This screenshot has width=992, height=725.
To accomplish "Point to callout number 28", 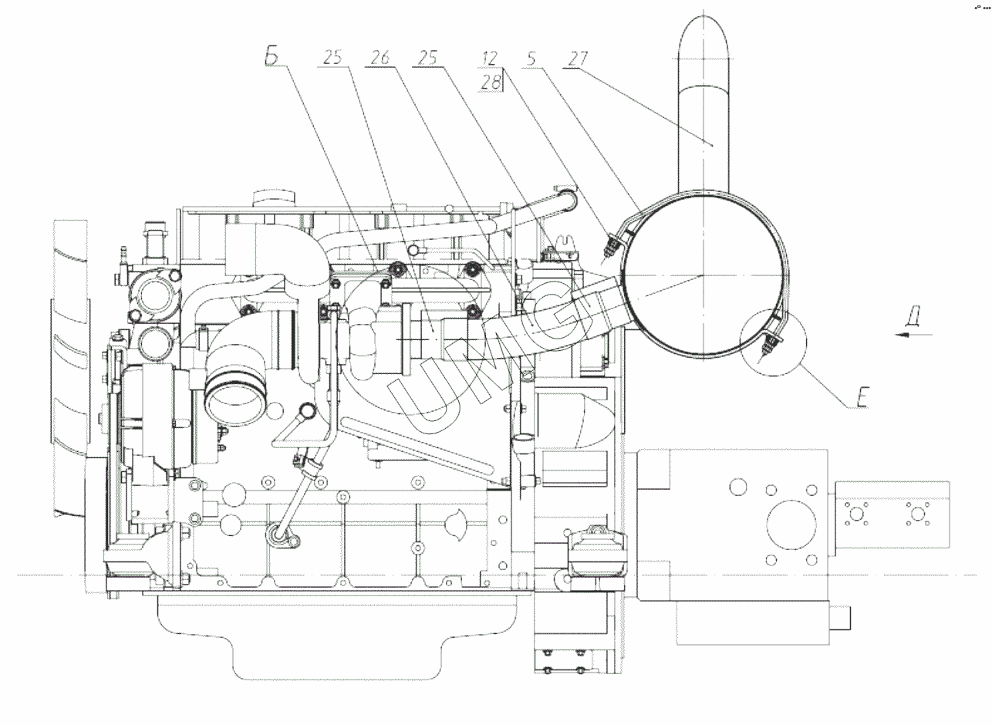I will (490, 81).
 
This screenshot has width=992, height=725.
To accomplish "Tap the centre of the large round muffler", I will (702, 275).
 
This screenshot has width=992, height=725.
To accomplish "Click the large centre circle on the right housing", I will (791, 524).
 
